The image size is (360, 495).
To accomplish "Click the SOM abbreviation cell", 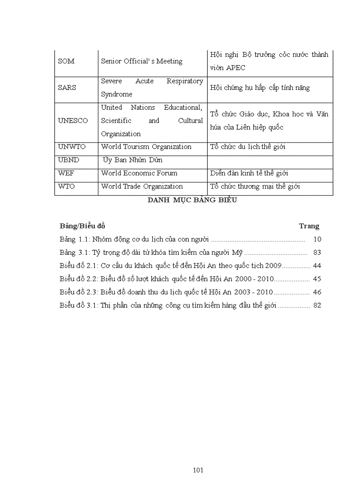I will [x=66, y=61].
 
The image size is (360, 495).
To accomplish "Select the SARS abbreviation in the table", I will [x=67, y=88].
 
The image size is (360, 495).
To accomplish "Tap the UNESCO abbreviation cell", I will [x=73, y=121].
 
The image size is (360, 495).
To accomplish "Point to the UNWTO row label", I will [x=71, y=147].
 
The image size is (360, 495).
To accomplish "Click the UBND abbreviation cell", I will [x=68, y=160].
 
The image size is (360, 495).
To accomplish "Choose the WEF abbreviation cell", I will [x=66, y=173].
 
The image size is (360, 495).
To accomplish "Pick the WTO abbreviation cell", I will [x=66, y=186].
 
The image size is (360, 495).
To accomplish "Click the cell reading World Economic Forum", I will [x=139, y=173].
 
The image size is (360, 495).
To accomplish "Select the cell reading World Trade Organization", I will [x=142, y=186].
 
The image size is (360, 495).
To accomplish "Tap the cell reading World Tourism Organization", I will [x=146, y=147].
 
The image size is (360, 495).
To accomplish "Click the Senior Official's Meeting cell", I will [x=142, y=61].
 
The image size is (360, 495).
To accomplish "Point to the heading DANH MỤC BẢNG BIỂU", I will [x=192, y=200].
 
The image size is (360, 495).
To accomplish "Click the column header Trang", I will [x=309, y=226].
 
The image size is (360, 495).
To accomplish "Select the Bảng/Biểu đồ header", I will [x=82, y=226].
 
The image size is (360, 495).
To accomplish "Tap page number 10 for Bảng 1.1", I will [x=317, y=239].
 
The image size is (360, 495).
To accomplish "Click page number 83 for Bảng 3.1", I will [x=317, y=253].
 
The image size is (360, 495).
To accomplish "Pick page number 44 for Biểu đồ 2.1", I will [x=317, y=266].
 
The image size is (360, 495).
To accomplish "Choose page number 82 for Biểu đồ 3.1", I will [x=317, y=305].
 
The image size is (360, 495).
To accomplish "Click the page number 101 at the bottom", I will [x=198, y=470].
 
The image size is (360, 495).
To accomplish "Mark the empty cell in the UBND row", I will [x=270, y=160].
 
